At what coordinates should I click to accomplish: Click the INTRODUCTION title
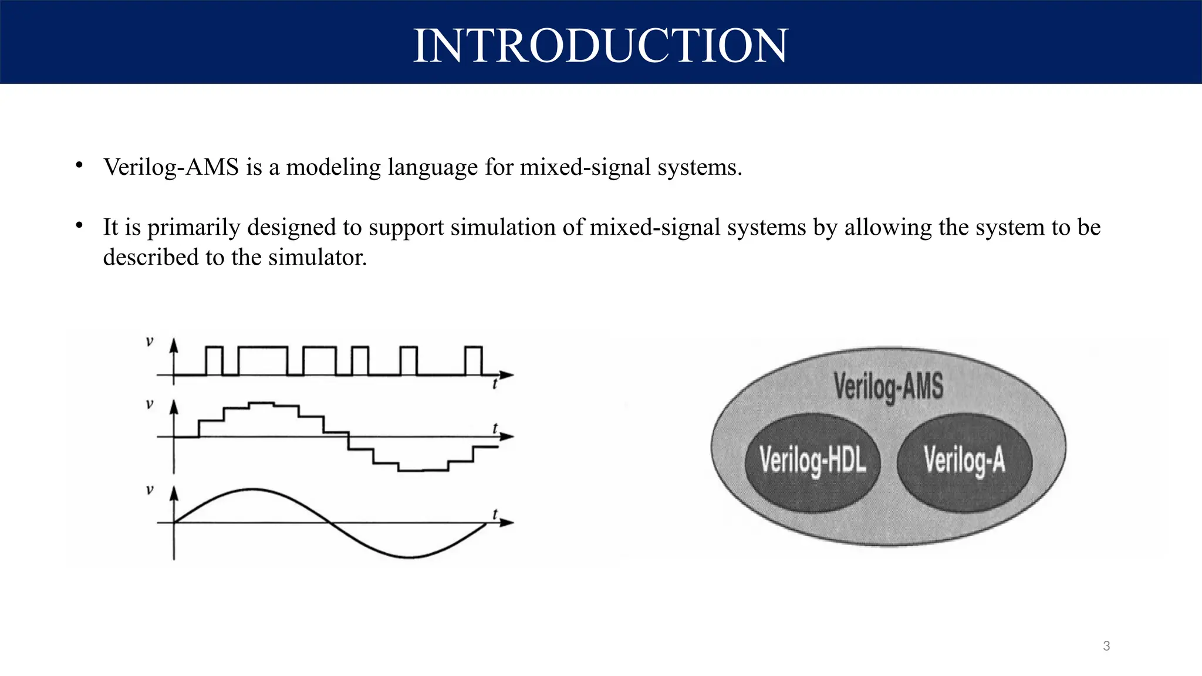[600, 46]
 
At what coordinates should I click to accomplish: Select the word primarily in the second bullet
[194, 228]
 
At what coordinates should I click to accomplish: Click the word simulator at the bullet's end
[317, 258]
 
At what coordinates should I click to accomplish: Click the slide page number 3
[1106, 646]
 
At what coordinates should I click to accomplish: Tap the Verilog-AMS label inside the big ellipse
[889, 387]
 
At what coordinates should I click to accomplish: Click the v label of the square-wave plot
[150, 341]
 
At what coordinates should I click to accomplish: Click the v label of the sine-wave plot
[150, 489]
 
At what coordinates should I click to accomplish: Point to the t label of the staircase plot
[495, 428]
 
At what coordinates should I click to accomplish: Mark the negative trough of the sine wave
[409, 556]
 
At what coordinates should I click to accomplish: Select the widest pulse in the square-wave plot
[263, 348]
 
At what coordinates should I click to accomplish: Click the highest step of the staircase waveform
[261, 403]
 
